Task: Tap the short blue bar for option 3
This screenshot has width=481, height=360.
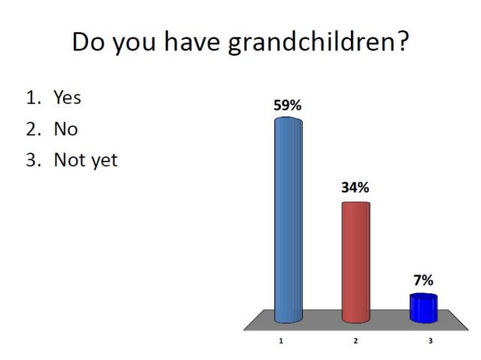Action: [x=423, y=307]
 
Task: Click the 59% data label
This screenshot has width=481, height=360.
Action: [x=287, y=106]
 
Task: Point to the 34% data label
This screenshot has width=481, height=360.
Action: [x=355, y=188]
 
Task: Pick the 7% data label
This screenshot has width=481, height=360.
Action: [x=423, y=280]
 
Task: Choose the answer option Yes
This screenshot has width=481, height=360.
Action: [x=67, y=98]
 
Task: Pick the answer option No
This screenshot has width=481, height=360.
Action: [x=65, y=129]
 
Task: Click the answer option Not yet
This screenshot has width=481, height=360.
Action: [x=85, y=161]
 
